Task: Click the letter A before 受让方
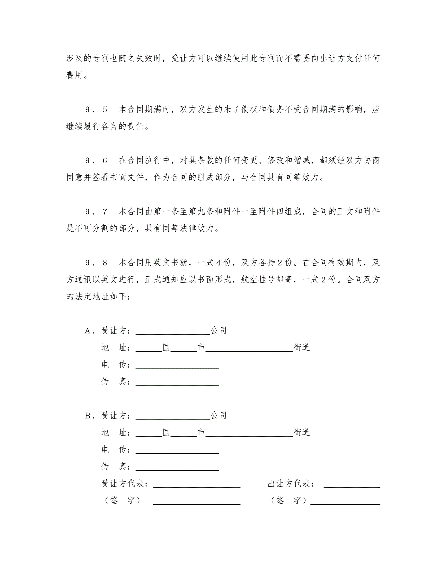tap(88, 331)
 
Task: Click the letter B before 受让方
tap(88, 416)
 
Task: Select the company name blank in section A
tap(173, 332)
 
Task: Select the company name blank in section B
tap(173, 417)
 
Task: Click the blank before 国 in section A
tap(149, 349)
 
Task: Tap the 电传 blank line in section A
tap(177, 366)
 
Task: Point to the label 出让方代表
tap(291, 484)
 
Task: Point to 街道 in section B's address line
tap(301, 433)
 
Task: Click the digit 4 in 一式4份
tap(219, 263)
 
